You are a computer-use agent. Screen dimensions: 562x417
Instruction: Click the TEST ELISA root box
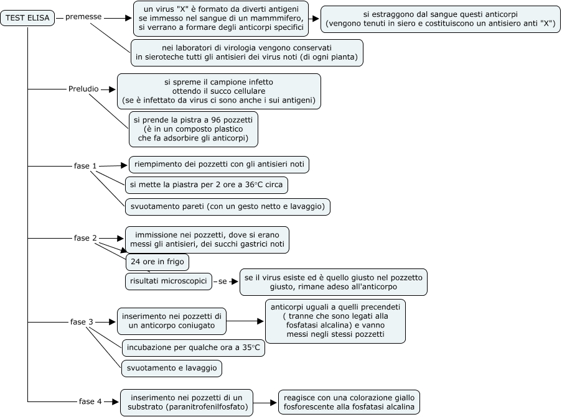(x=27, y=18)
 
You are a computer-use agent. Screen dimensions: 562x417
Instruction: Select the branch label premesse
(x=83, y=17)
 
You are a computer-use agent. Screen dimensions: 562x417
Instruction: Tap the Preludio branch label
(x=83, y=89)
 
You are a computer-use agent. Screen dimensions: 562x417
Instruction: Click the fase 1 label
(x=85, y=166)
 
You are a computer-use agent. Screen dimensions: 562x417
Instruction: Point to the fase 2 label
(x=85, y=238)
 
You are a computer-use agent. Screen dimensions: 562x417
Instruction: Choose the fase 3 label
(x=82, y=322)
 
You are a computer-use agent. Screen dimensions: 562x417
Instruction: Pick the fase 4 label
(x=90, y=401)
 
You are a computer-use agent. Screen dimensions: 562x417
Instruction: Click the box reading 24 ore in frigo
(x=157, y=262)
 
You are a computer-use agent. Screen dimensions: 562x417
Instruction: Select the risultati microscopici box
(x=169, y=282)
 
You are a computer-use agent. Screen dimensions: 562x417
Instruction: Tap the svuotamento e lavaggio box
(x=172, y=369)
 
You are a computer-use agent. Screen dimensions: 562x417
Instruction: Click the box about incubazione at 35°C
(x=193, y=347)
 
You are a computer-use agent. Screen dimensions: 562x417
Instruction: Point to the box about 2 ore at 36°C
(x=206, y=185)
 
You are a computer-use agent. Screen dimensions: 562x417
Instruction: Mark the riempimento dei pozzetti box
(x=219, y=165)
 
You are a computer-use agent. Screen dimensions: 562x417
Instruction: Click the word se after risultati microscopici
(x=223, y=282)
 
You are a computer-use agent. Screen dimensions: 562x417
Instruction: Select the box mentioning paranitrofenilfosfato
(x=186, y=403)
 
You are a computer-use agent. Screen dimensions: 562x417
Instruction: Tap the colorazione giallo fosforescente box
(x=349, y=402)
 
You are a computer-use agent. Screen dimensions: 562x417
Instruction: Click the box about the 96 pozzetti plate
(x=193, y=129)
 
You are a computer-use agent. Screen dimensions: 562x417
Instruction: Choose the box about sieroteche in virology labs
(x=246, y=53)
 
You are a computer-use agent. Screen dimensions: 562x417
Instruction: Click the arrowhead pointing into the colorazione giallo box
(x=274, y=403)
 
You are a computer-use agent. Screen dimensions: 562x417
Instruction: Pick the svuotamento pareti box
(x=228, y=206)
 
